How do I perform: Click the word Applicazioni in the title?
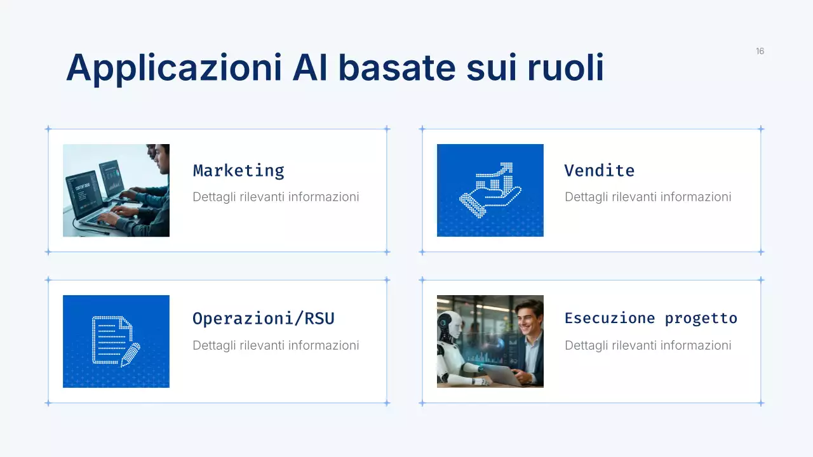click(x=173, y=68)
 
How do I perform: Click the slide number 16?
click(x=760, y=51)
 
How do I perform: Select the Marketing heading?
click(x=238, y=171)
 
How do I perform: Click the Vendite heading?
click(x=599, y=171)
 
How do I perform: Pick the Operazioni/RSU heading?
click(x=263, y=319)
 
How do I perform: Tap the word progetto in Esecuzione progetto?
click(x=701, y=319)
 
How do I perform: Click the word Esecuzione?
click(x=609, y=319)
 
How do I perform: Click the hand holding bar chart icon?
click(x=490, y=190)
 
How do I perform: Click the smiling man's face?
click(x=529, y=315)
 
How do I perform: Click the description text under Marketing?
click(x=276, y=197)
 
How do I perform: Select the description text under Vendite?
click(x=647, y=197)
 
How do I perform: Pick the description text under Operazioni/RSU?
click(x=276, y=345)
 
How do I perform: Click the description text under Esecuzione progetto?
click(x=647, y=345)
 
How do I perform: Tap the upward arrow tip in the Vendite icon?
click(x=508, y=166)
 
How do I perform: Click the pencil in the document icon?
click(x=130, y=354)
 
